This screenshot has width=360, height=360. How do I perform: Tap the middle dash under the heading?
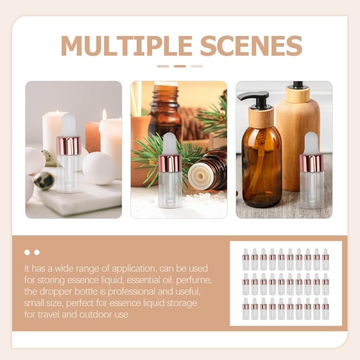click(x=180, y=66)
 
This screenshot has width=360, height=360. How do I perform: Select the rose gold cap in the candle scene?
click(x=69, y=146)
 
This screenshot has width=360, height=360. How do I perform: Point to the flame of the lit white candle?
click(x=104, y=114)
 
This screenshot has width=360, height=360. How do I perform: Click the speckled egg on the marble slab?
click(x=44, y=181)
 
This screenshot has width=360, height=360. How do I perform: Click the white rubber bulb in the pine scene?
click(x=169, y=144)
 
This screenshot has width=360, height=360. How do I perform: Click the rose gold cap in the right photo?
click(x=311, y=163)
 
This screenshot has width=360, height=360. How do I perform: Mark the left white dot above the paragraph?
click(x=27, y=252)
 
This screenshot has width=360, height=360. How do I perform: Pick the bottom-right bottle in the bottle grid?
click(x=325, y=309)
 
